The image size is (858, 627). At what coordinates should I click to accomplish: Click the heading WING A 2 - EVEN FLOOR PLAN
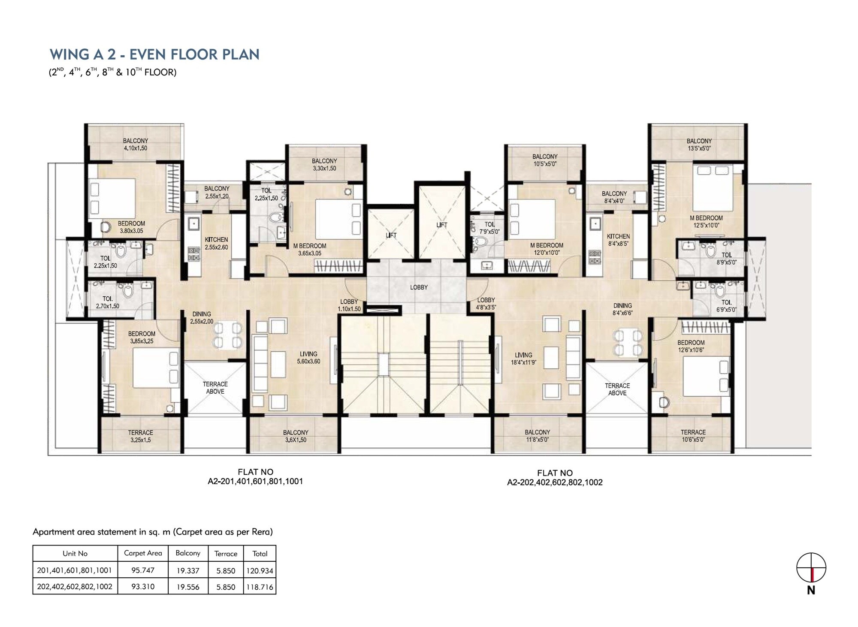154,54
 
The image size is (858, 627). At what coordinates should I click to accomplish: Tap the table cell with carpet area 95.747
143,570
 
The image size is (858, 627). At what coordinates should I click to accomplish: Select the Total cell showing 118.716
260,587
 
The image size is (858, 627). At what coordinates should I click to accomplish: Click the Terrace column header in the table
226,554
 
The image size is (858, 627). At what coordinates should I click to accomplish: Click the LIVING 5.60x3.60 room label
308,358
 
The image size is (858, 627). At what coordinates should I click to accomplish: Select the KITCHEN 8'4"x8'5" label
618,240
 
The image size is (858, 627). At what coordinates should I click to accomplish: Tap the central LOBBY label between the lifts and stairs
419,287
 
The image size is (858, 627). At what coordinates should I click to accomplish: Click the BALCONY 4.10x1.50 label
135,145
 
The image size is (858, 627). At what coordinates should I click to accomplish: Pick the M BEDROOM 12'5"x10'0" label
706,221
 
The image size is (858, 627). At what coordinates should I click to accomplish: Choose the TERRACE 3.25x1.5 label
140,436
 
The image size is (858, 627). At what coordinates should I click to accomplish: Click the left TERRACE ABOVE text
215,388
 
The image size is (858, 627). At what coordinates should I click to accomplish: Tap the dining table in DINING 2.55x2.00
227,335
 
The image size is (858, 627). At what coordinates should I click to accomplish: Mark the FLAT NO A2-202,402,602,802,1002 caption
555,478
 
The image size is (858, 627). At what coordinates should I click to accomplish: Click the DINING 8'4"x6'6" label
622,309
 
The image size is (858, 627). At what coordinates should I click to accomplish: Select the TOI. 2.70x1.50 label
108,302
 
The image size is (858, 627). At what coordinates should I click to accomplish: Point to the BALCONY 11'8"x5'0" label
537,436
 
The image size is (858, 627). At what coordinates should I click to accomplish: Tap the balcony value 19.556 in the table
188,587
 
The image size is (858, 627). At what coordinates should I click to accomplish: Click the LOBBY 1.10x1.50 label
349,305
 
